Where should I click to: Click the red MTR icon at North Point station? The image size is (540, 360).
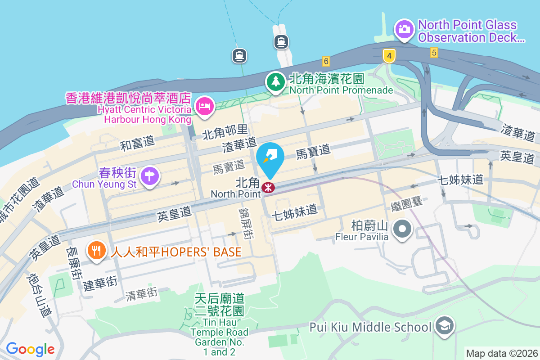[x=268, y=188]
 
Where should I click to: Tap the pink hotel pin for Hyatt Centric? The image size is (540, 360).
[x=205, y=106]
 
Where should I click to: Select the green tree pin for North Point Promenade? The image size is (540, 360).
[x=275, y=82]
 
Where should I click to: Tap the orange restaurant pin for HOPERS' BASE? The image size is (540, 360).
[x=96, y=250]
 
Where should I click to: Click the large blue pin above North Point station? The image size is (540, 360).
[x=270, y=157]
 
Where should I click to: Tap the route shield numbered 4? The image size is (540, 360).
[x=389, y=56]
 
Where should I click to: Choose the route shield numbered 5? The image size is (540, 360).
[x=434, y=53]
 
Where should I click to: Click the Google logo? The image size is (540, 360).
[x=30, y=349]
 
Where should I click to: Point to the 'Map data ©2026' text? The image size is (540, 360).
[x=501, y=353]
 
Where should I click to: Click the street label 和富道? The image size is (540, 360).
[x=137, y=143]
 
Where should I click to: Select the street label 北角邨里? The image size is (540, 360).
[x=225, y=132]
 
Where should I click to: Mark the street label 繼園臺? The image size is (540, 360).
[x=407, y=202]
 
